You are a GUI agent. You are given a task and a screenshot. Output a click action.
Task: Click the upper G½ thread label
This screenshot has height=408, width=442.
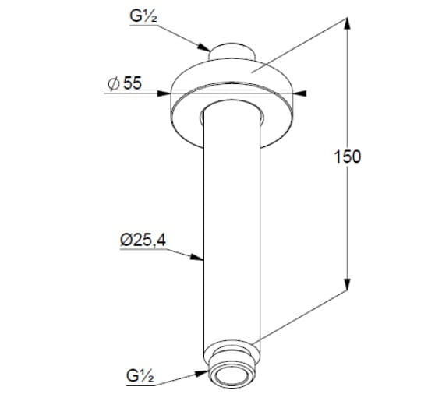(143, 16)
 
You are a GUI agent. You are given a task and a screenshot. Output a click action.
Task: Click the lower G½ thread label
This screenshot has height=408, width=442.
(140, 375)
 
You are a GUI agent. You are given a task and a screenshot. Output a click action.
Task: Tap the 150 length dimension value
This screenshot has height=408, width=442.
(348, 157)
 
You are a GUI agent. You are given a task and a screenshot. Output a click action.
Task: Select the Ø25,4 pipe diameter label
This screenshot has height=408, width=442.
(143, 240)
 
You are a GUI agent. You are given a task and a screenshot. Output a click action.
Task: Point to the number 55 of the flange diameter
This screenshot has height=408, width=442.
(133, 83)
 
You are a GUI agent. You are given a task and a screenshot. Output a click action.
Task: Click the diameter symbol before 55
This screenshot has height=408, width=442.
(114, 84)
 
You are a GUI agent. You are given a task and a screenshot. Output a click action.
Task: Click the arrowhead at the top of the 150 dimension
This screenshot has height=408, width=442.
(348, 23)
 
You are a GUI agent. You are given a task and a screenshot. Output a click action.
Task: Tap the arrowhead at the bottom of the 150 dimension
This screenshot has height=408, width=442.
(348, 284)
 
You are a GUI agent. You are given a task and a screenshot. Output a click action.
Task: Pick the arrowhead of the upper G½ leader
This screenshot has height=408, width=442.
(204, 47)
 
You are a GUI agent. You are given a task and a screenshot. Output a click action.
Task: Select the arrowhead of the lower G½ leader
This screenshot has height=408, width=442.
(202, 374)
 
